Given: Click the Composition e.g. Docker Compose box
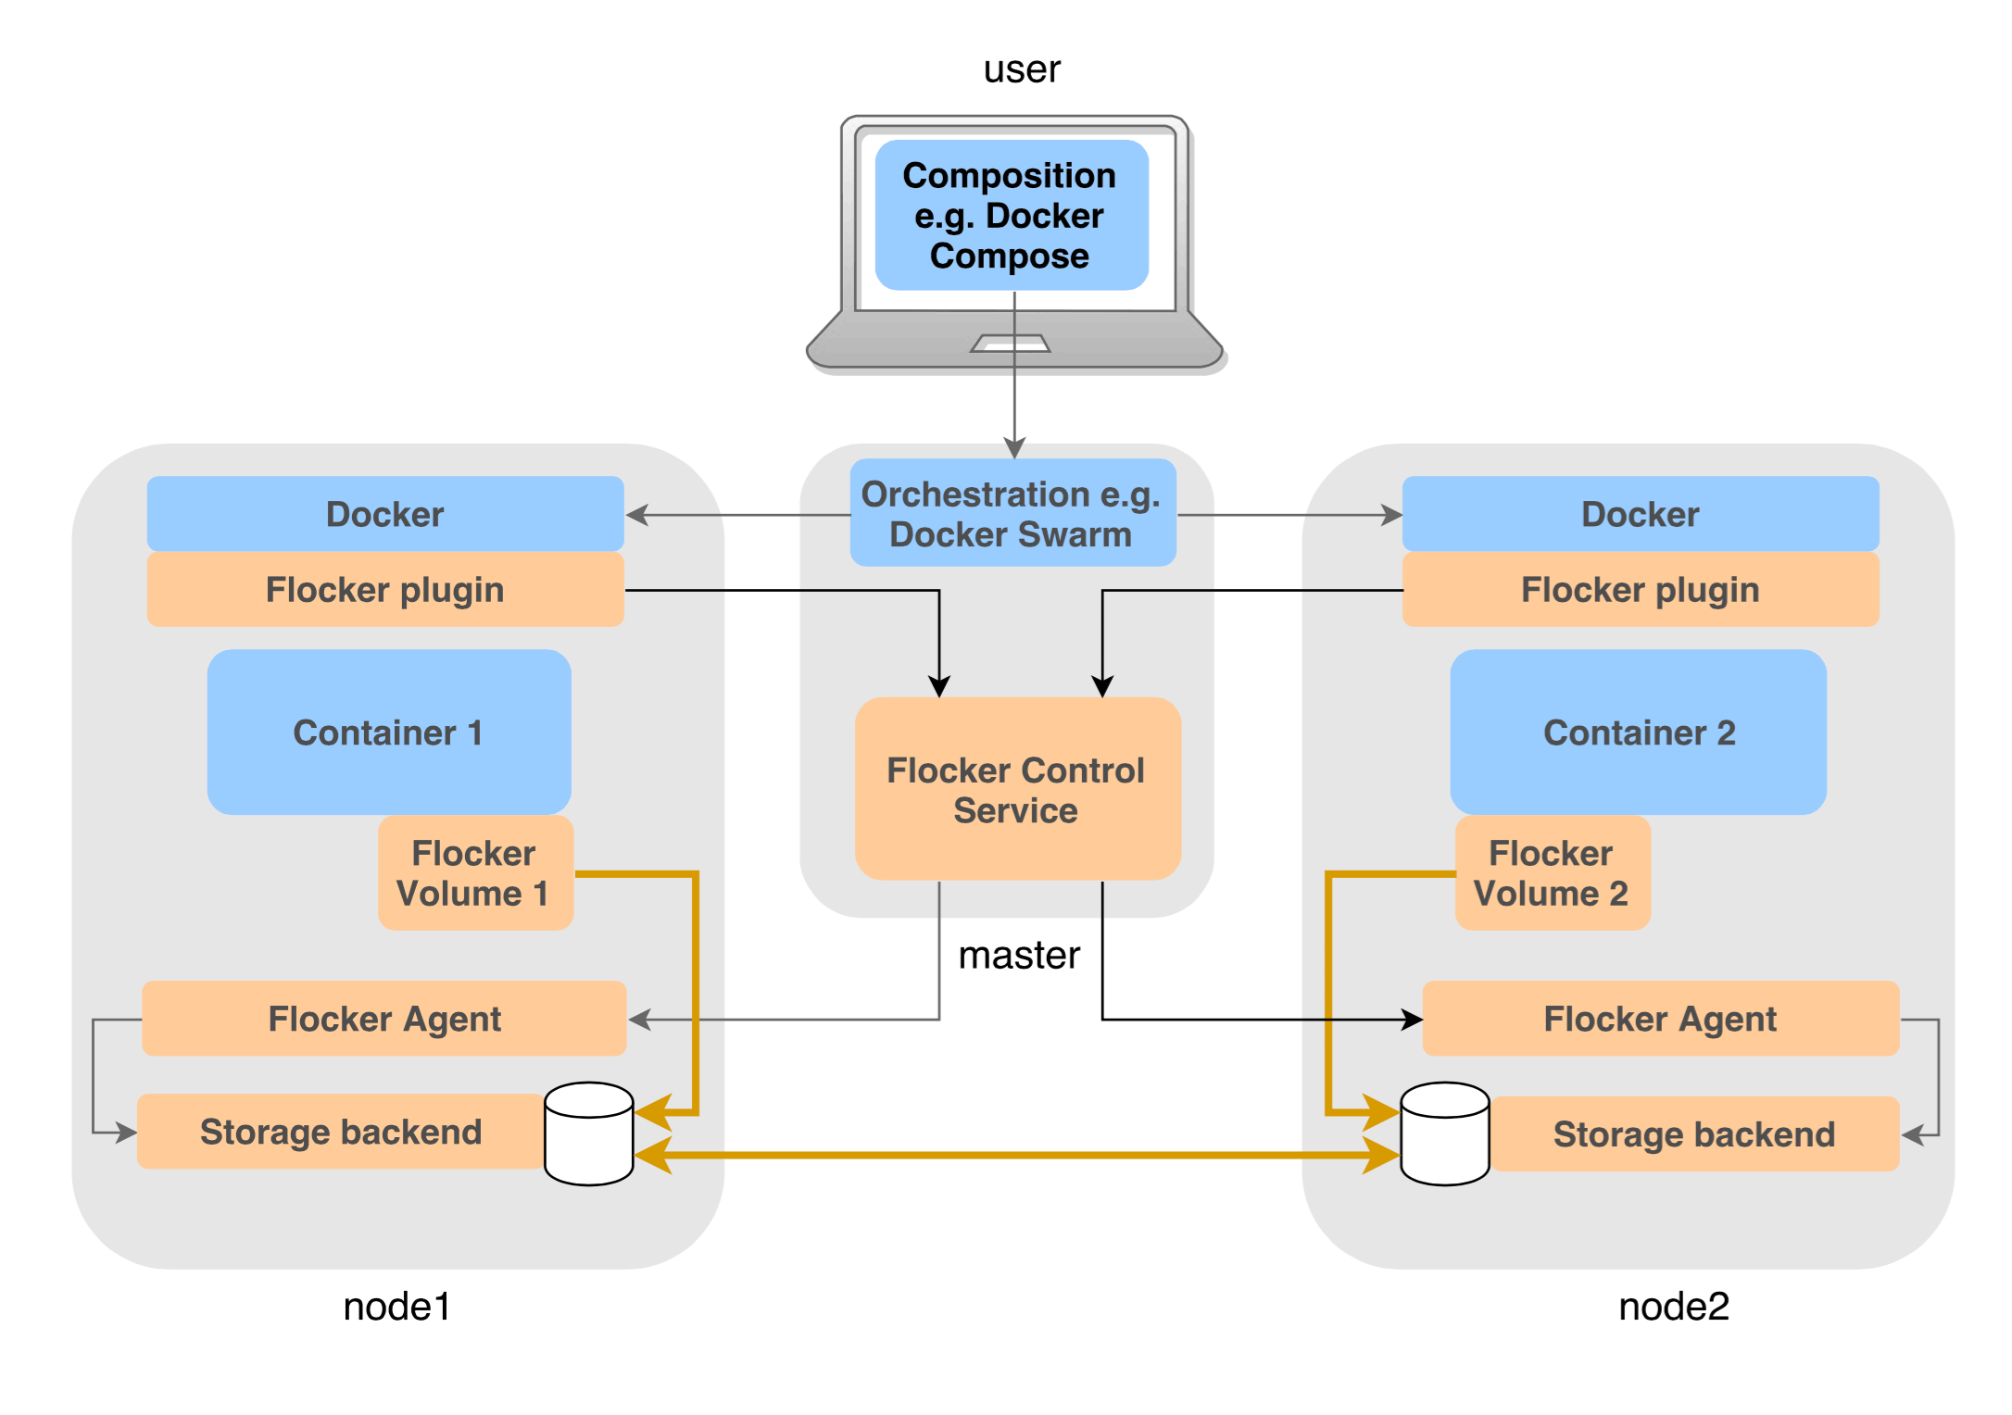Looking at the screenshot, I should pyautogui.click(x=1011, y=215).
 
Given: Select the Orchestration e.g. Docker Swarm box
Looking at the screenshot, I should pyautogui.click(x=1012, y=513).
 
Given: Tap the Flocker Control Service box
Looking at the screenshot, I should pyautogui.click(x=1017, y=789).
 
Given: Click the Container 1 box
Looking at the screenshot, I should pyautogui.click(x=389, y=732).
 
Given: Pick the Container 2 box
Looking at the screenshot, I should pyautogui.click(x=1638, y=732).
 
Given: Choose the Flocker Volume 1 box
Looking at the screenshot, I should pyautogui.click(x=475, y=872).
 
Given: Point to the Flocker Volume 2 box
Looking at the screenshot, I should pyautogui.click(x=1552, y=872).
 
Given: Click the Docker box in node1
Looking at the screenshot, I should pyautogui.click(x=385, y=514).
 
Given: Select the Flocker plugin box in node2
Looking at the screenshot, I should pyautogui.click(x=1640, y=590).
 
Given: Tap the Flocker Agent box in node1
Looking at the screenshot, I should pyautogui.click(x=384, y=1019).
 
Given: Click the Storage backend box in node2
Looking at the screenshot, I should pyautogui.click(x=1693, y=1134).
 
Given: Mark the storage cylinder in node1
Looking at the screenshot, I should pyautogui.click(x=589, y=1133).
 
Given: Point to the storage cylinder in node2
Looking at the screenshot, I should pyautogui.click(x=1444, y=1133).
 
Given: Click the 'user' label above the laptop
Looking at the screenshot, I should pyautogui.click(x=1022, y=69).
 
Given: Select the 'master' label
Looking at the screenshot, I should pyautogui.click(x=1019, y=956).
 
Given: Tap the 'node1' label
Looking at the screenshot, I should pyautogui.click(x=396, y=1307).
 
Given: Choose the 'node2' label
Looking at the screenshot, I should pyautogui.click(x=1673, y=1307).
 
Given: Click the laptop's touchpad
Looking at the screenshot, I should pyautogui.click(x=1010, y=344).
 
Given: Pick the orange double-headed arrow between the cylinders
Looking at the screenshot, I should pyautogui.click(x=1017, y=1156).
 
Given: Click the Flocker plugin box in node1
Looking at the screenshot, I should pyautogui.click(x=385, y=590).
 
